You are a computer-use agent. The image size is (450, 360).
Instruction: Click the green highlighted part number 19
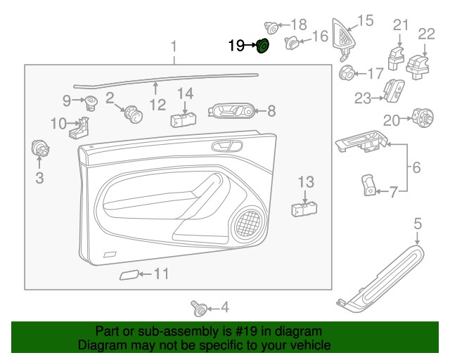(x=262, y=46)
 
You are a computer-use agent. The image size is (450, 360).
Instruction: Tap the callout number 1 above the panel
(x=174, y=47)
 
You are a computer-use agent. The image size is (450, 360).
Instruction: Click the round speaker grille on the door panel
(x=247, y=224)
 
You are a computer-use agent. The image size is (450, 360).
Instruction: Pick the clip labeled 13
(x=304, y=208)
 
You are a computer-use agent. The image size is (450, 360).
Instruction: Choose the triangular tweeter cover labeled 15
(x=344, y=35)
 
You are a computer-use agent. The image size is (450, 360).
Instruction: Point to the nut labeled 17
(x=347, y=72)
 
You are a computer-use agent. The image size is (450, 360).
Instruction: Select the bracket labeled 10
(x=82, y=129)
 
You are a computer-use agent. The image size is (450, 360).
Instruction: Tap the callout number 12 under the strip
(x=157, y=105)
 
